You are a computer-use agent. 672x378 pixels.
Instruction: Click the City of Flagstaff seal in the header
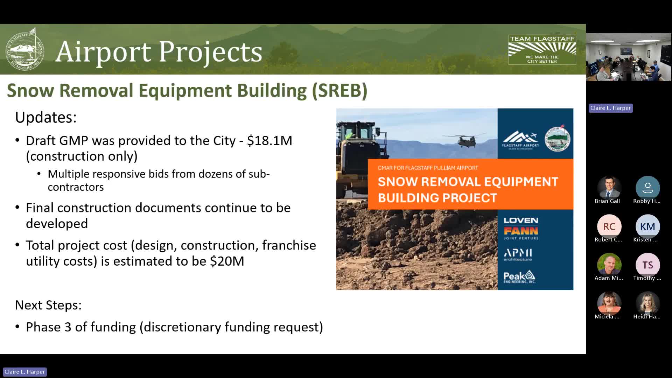point(25,49)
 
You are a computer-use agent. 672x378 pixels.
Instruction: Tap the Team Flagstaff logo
point(542,49)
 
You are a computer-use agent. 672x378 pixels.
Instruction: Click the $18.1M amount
point(269,141)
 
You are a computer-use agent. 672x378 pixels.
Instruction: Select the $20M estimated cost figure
point(227,261)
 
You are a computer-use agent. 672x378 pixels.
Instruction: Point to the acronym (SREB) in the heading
point(339,91)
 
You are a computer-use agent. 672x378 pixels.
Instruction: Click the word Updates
point(46,118)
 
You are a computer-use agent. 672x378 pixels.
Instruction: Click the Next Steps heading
point(48,305)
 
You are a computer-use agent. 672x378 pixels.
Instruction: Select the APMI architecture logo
point(518,254)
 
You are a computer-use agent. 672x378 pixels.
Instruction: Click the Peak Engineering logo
point(519,277)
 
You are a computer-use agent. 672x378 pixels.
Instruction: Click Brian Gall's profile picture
point(609,188)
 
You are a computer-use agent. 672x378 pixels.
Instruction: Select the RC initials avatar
point(609,226)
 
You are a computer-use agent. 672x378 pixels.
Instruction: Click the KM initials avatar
point(647,226)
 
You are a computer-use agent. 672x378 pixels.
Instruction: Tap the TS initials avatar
point(647,265)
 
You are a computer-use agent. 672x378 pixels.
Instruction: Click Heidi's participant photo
point(647,303)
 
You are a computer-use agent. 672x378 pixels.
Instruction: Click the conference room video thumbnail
point(629,57)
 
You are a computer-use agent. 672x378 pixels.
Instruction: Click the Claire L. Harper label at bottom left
point(24,372)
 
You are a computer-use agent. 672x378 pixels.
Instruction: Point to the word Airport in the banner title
point(103,52)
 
